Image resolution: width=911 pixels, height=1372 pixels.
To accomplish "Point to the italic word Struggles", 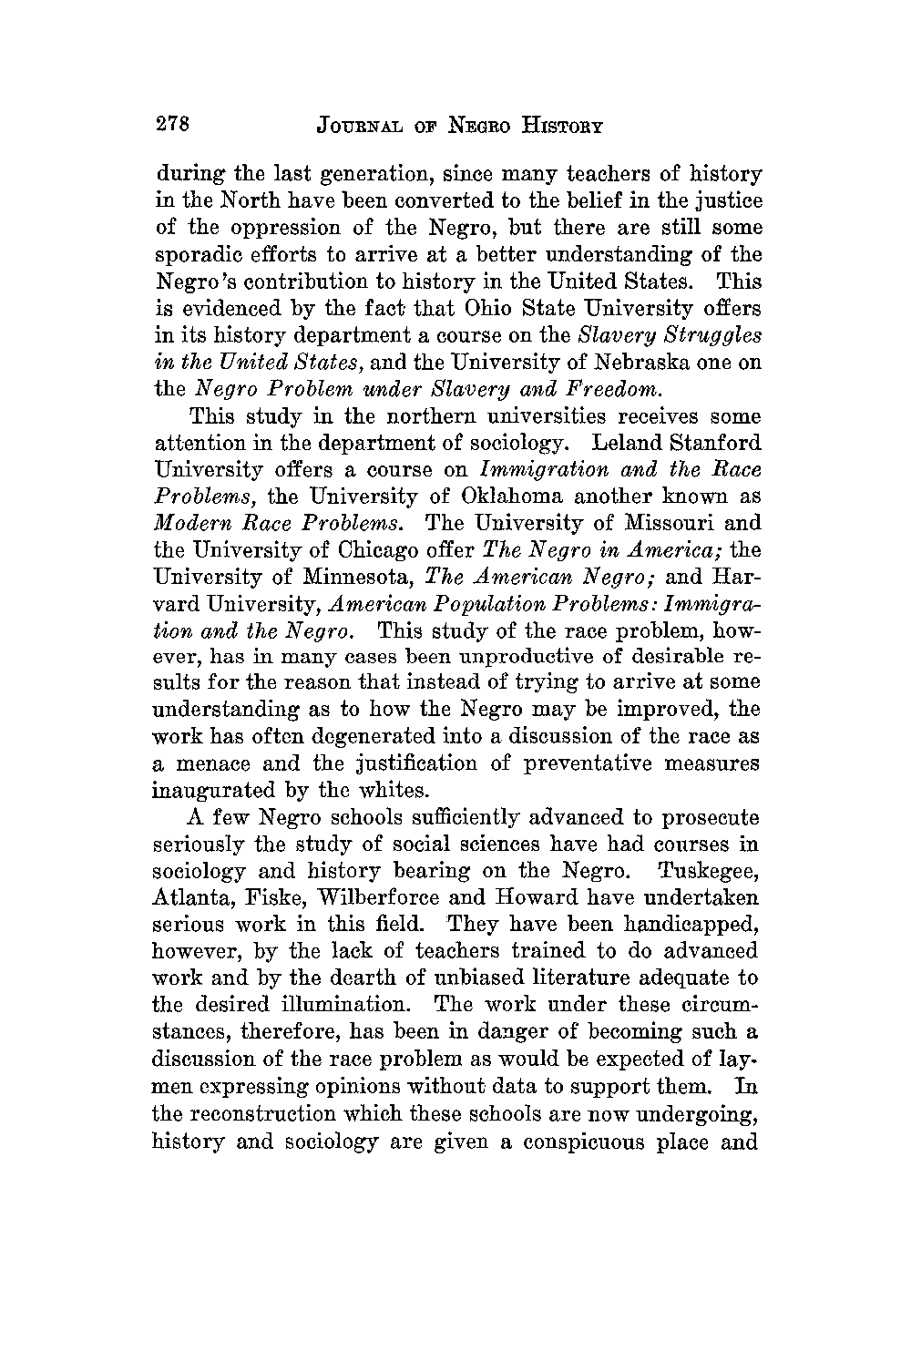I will [709, 334].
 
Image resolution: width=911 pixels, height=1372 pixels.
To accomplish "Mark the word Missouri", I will [662, 524].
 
